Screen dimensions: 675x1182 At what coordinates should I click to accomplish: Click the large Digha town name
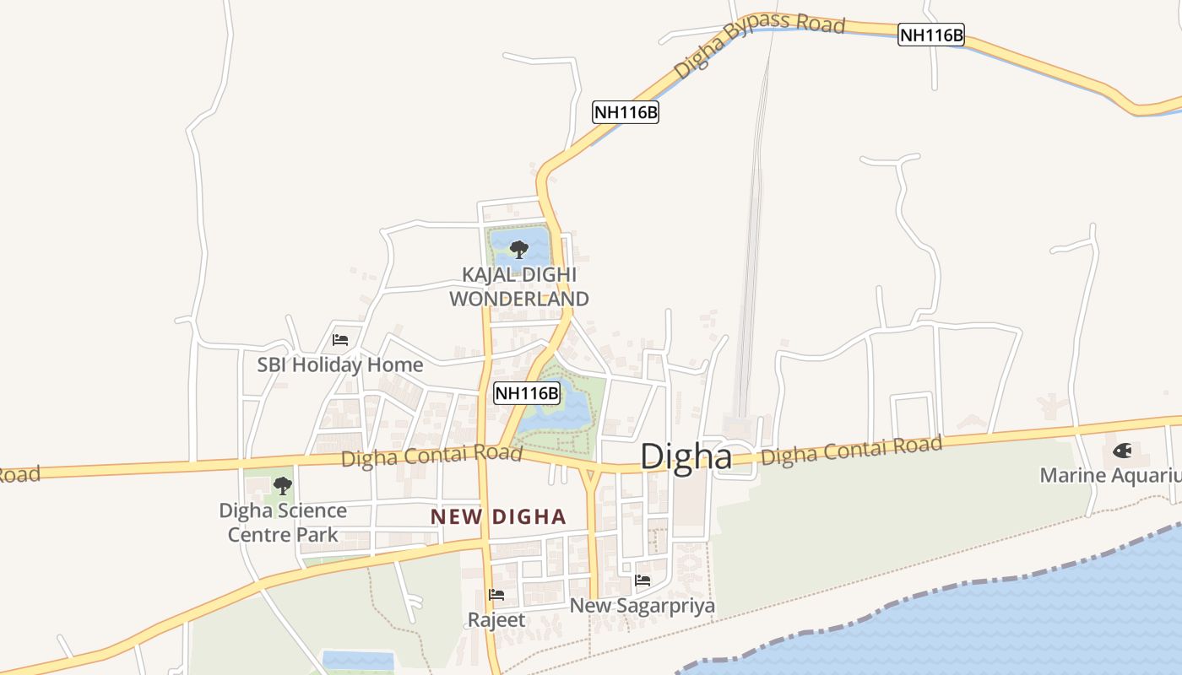686,456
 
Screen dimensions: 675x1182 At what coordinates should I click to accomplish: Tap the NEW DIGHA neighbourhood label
498,516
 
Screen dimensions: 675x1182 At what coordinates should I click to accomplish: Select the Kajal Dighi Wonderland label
518,287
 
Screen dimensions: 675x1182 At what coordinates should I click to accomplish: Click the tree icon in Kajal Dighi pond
518,249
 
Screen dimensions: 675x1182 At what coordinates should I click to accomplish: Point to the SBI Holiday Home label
340,365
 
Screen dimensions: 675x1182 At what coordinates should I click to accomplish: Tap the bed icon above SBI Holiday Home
340,340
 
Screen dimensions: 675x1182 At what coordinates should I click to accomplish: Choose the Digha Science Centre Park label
283,522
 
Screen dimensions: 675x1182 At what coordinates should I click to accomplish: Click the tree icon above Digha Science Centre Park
282,485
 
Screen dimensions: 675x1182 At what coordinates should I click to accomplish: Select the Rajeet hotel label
496,620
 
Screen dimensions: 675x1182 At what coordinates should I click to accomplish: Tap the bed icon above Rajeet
496,595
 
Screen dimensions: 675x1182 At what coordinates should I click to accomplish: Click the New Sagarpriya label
643,606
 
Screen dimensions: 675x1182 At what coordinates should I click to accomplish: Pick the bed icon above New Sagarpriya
643,580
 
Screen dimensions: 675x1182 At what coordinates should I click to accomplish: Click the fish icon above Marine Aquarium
1122,451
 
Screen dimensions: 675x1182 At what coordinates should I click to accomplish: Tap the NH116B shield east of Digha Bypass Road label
931,35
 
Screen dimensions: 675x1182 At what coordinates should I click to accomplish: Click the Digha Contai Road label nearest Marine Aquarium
851,451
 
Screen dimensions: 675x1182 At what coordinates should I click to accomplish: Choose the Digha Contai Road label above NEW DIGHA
431,456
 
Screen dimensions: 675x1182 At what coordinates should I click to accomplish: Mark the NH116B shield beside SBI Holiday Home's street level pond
527,392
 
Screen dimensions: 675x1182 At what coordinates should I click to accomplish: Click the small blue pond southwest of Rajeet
358,661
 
